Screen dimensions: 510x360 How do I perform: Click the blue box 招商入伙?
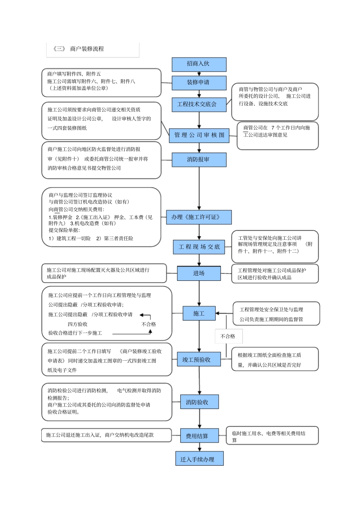coord(199,64)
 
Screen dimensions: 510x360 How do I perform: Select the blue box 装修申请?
coord(199,83)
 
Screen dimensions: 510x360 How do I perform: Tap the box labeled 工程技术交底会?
coord(197,104)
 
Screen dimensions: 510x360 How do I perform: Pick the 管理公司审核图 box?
coord(199,135)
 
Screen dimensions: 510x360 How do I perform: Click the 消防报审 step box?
coord(199,160)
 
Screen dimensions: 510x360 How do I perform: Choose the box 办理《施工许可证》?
coord(199,217)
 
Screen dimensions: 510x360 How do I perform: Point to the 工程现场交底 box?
coord(199,247)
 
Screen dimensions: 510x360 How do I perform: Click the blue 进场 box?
coord(199,273)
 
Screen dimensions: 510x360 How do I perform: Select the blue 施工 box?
coord(199,313)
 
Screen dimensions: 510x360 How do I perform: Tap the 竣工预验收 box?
coord(199,359)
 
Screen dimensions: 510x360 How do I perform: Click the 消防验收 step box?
coord(199,402)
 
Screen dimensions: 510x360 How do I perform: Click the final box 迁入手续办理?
coord(199,459)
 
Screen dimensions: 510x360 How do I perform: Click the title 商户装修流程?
coord(87,49)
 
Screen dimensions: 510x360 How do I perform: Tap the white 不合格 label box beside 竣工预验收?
coord(228,336)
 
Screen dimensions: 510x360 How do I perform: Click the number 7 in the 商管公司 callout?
coord(272,128)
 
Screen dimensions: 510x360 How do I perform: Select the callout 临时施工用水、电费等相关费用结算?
coord(272,436)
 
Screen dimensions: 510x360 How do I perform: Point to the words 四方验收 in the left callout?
coord(78,324)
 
